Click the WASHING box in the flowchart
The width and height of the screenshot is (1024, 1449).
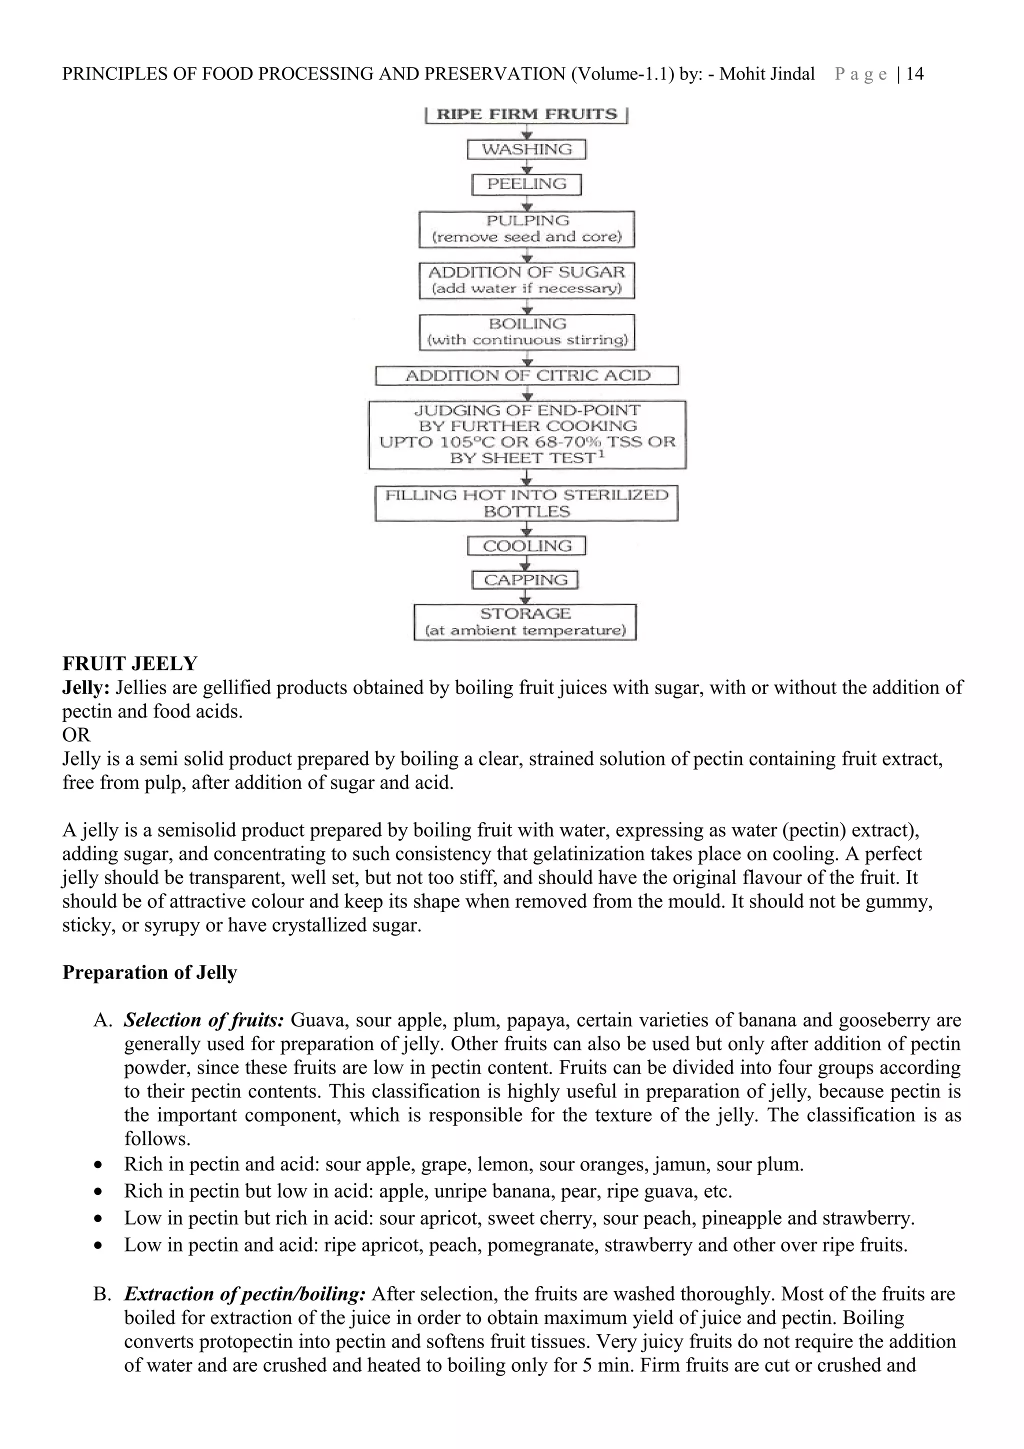click(526, 149)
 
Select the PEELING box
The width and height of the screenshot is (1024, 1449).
click(526, 184)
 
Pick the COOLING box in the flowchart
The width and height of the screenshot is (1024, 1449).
click(526, 546)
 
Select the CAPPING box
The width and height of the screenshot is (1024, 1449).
click(525, 580)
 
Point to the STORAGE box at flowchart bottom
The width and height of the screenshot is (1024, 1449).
click(525, 621)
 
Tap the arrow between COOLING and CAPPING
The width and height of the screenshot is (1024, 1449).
click(527, 563)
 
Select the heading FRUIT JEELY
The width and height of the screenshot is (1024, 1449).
click(130, 663)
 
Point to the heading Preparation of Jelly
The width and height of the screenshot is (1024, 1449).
click(149, 972)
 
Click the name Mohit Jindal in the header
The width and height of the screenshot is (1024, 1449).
click(766, 74)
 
